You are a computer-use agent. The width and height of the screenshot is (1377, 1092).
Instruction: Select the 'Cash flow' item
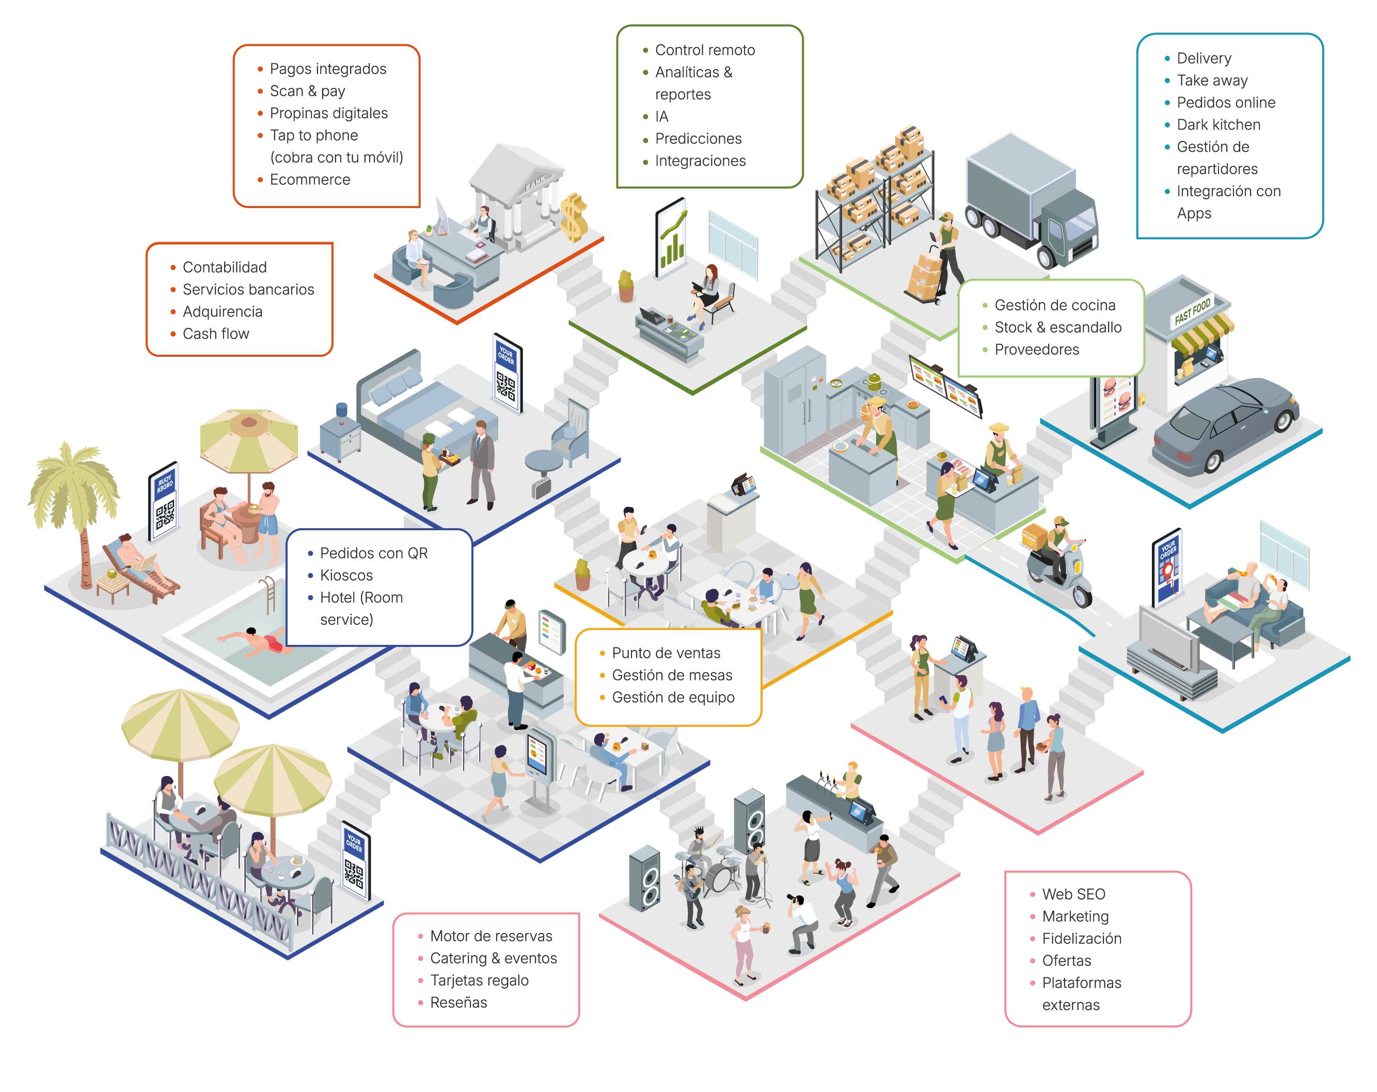tap(216, 334)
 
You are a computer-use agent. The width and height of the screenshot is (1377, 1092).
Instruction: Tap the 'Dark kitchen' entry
tap(1218, 125)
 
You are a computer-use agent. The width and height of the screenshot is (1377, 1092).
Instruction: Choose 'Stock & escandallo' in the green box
tap(1057, 327)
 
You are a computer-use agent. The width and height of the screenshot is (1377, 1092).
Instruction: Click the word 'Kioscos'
tap(346, 575)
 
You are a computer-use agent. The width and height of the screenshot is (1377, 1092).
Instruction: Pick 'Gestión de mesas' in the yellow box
tap(672, 675)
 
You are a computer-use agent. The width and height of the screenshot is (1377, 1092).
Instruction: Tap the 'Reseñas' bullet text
tap(458, 1003)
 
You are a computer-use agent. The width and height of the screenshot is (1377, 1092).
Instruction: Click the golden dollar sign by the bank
tap(574, 217)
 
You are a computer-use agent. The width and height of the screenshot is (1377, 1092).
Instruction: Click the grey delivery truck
tap(1030, 198)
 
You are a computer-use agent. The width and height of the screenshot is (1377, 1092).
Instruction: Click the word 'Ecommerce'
tap(310, 180)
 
